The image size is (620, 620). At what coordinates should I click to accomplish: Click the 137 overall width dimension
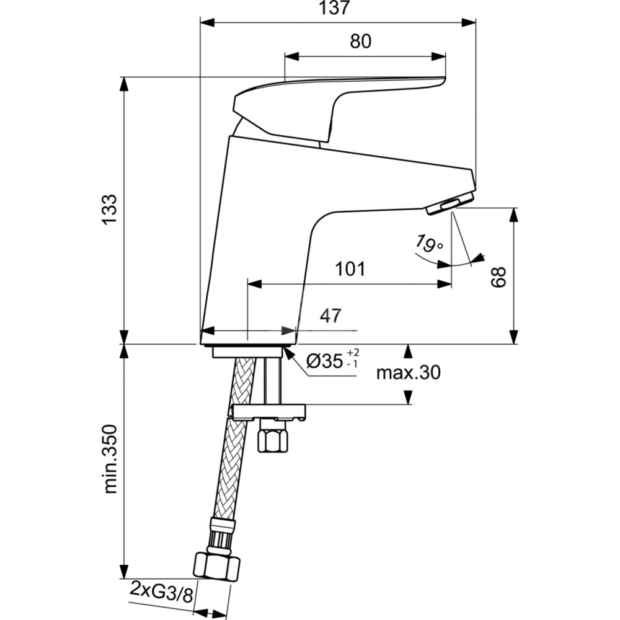tap(338, 9)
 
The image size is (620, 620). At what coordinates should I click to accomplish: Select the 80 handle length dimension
tap(360, 42)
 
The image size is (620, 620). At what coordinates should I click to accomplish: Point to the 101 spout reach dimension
tap(350, 269)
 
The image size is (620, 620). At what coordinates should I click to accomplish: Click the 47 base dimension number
tap(330, 316)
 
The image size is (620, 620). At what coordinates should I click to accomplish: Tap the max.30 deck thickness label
tap(409, 372)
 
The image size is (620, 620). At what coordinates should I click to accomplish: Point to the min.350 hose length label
tap(110, 459)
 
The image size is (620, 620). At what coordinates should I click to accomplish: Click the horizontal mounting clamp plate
tap(269, 411)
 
